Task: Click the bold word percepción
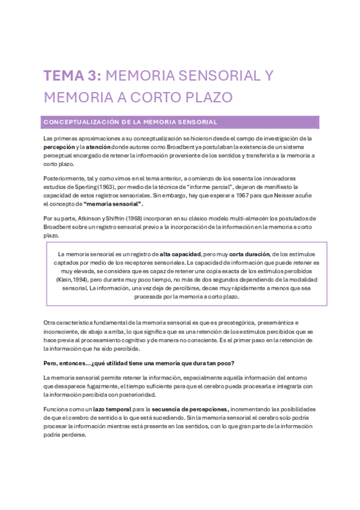[59, 147]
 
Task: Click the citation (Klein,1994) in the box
[72, 280]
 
